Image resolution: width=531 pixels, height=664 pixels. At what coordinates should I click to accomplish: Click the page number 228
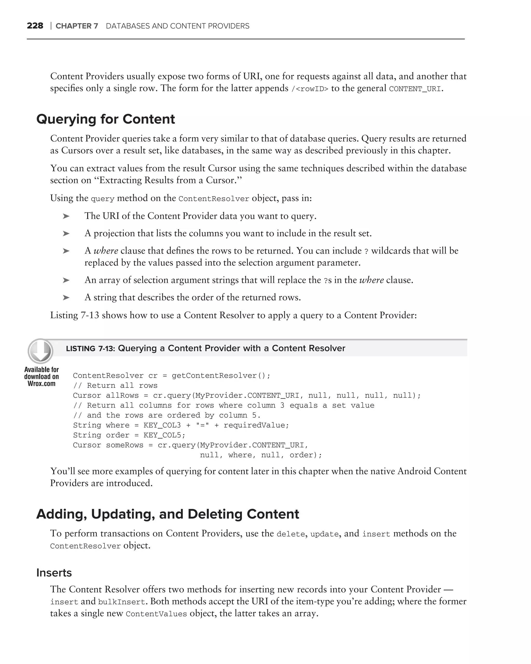[35, 26]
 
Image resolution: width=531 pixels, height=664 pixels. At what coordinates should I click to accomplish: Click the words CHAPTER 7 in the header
[77, 26]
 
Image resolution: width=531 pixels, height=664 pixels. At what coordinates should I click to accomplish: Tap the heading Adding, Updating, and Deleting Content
[168, 514]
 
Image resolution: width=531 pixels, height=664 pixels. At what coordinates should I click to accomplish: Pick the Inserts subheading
[54, 572]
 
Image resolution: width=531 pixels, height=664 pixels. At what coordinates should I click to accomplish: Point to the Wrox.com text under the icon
[41, 384]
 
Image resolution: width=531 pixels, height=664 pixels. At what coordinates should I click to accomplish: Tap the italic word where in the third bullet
[106, 251]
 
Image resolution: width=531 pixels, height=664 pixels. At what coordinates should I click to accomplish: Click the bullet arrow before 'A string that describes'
[66, 298]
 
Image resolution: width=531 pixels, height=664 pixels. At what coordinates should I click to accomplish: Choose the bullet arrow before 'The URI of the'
[66, 216]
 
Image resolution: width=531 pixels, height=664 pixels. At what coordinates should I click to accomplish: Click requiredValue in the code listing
[256, 425]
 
